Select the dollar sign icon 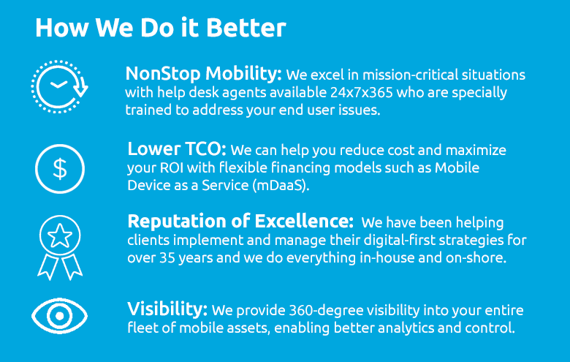tap(60, 169)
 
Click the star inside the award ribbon tap(60, 235)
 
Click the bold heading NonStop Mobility tap(204, 73)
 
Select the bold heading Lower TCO tap(177, 148)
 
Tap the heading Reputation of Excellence tap(240, 221)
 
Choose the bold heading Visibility tap(167, 309)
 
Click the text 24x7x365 tap(361, 92)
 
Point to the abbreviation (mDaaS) tap(281, 186)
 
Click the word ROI tap(172, 167)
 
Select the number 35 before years tap(167, 258)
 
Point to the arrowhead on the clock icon tap(80, 88)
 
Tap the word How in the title tap(62, 28)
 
